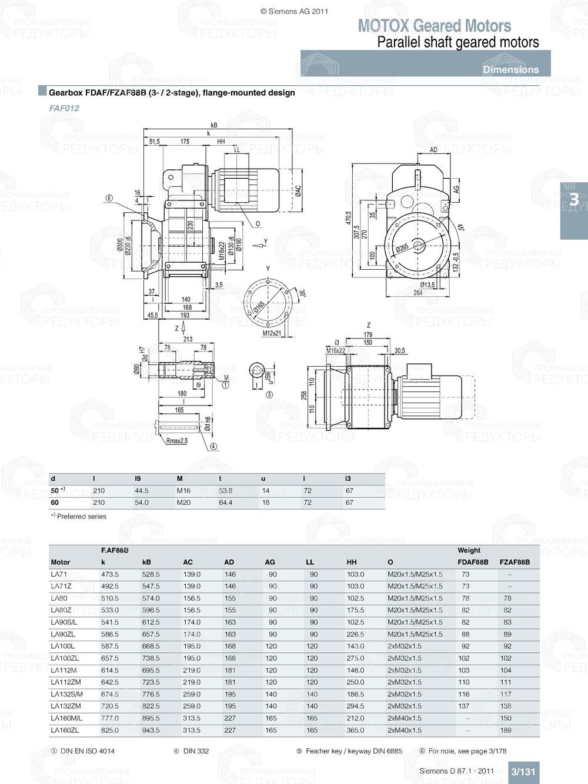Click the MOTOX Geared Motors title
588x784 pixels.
point(435,26)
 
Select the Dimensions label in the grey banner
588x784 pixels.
point(510,69)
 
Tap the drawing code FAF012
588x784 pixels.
point(64,108)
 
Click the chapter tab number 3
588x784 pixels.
point(573,200)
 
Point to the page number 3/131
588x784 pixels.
point(523,772)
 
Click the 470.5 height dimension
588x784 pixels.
point(348,218)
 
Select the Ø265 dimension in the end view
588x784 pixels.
point(402,248)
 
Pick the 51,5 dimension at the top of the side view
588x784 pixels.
point(154,142)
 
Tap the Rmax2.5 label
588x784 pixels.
point(176,441)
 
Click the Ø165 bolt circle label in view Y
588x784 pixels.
point(259,307)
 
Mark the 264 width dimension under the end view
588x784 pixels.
point(417,293)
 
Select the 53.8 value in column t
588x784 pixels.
point(225,491)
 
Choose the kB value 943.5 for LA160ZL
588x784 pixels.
point(151,730)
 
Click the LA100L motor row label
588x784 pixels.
point(62,646)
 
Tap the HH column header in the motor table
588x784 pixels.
point(352,562)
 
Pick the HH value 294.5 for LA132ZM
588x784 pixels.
point(355,706)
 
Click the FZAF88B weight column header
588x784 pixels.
point(514,562)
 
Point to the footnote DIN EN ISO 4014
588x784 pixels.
point(87,751)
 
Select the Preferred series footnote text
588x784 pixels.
point(82,517)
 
